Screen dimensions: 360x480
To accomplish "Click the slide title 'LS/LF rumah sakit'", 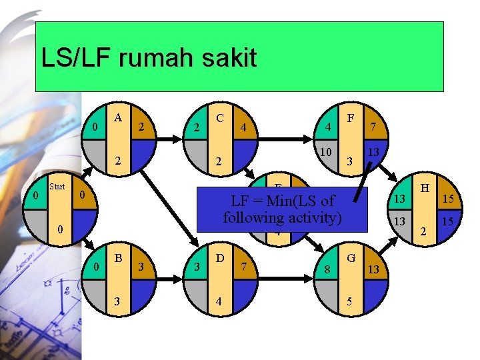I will coord(149,57).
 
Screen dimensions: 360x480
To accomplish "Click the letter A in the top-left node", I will coord(118,117).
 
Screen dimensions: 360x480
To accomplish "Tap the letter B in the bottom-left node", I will coord(119,257).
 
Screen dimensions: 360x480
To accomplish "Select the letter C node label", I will coord(220,117).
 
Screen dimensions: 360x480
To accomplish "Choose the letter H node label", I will coord(422,189).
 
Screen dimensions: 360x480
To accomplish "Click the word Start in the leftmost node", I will coord(57,187).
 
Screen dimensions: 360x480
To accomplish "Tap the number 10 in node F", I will coord(326,153).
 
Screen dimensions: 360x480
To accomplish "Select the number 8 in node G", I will coord(327,269).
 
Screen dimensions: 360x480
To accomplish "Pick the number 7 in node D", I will coord(244,267).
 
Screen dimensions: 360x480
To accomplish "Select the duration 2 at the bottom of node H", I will coord(422,232).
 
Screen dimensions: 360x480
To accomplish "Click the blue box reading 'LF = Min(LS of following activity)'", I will coord(281,209).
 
